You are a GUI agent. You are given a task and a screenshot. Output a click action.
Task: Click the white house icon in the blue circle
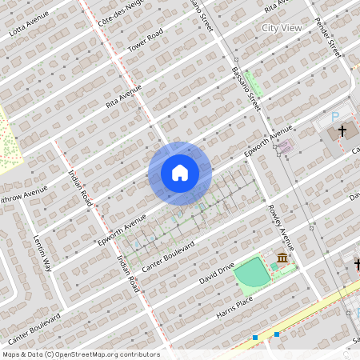pyautogui.click(x=180, y=172)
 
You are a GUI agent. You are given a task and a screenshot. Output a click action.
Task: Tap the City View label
pyautogui.click(x=282, y=28)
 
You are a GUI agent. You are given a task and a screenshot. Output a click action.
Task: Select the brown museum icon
pyautogui.click(x=282, y=258)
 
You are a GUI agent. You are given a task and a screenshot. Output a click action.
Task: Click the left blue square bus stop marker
pyautogui.click(x=255, y=338)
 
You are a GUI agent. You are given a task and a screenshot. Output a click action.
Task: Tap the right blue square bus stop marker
pyautogui.click(x=277, y=334)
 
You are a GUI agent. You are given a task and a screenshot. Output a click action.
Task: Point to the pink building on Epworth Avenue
pyautogui.click(x=285, y=146)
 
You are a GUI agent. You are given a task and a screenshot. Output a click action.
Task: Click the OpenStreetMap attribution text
pyautogui.click(x=80, y=354)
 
